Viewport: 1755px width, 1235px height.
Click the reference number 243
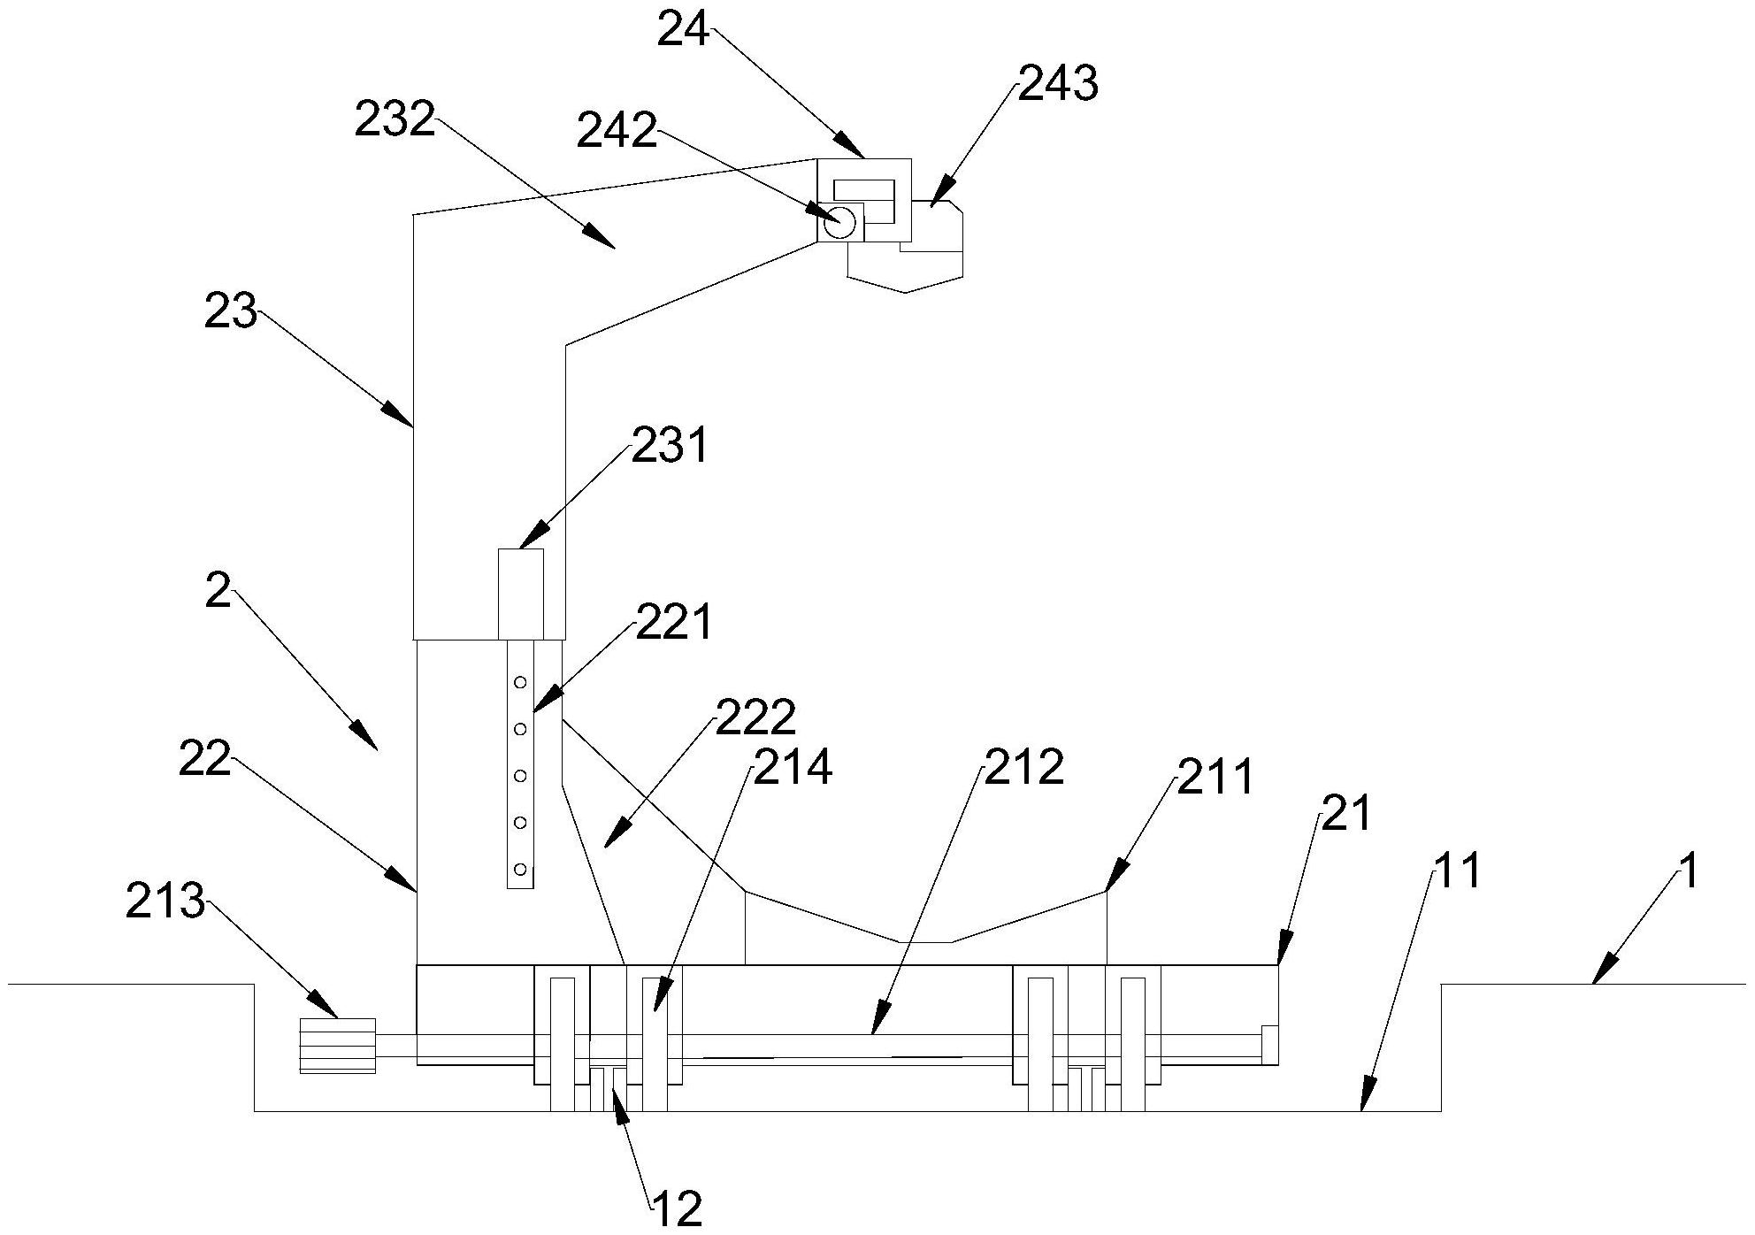click(x=1058, y=85)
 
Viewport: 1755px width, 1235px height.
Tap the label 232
click(x=395, y=119)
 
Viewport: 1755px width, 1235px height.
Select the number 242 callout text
click(x=617, y=131)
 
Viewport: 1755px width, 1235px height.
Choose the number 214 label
click(x=792, y=767)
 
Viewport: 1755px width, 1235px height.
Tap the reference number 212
click(x=1023, y=767)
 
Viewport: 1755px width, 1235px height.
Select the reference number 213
click(x=165, y=903)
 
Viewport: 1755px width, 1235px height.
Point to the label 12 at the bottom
click(x=677, y=1208)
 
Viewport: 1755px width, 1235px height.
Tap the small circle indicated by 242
click(x=839, y=220)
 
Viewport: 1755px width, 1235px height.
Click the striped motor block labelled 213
click(x=337, y=1046)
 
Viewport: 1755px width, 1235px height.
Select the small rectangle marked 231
click(x=521, y=594)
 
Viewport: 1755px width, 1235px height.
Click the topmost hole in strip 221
click(x=520, y=682)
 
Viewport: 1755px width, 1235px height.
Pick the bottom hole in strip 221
click(x=520, y=869)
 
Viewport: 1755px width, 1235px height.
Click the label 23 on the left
click(x=230, y=312)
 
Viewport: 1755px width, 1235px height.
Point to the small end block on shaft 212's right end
click(x=1269, y=1044)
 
